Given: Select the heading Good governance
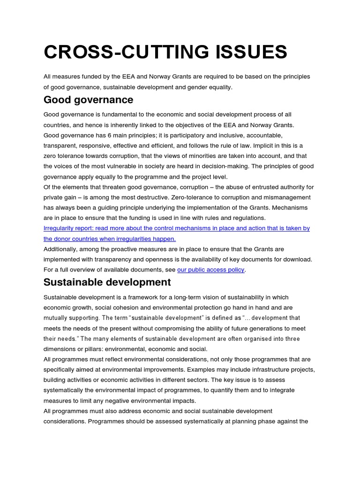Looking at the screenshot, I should (x=88, y=100).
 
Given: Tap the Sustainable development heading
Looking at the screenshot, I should (x=107, y=282).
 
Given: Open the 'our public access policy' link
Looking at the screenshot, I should (x=210, y=270).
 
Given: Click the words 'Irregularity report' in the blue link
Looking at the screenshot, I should (x=66, y=228).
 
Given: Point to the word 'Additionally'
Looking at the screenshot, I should (x=61, y=249).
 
